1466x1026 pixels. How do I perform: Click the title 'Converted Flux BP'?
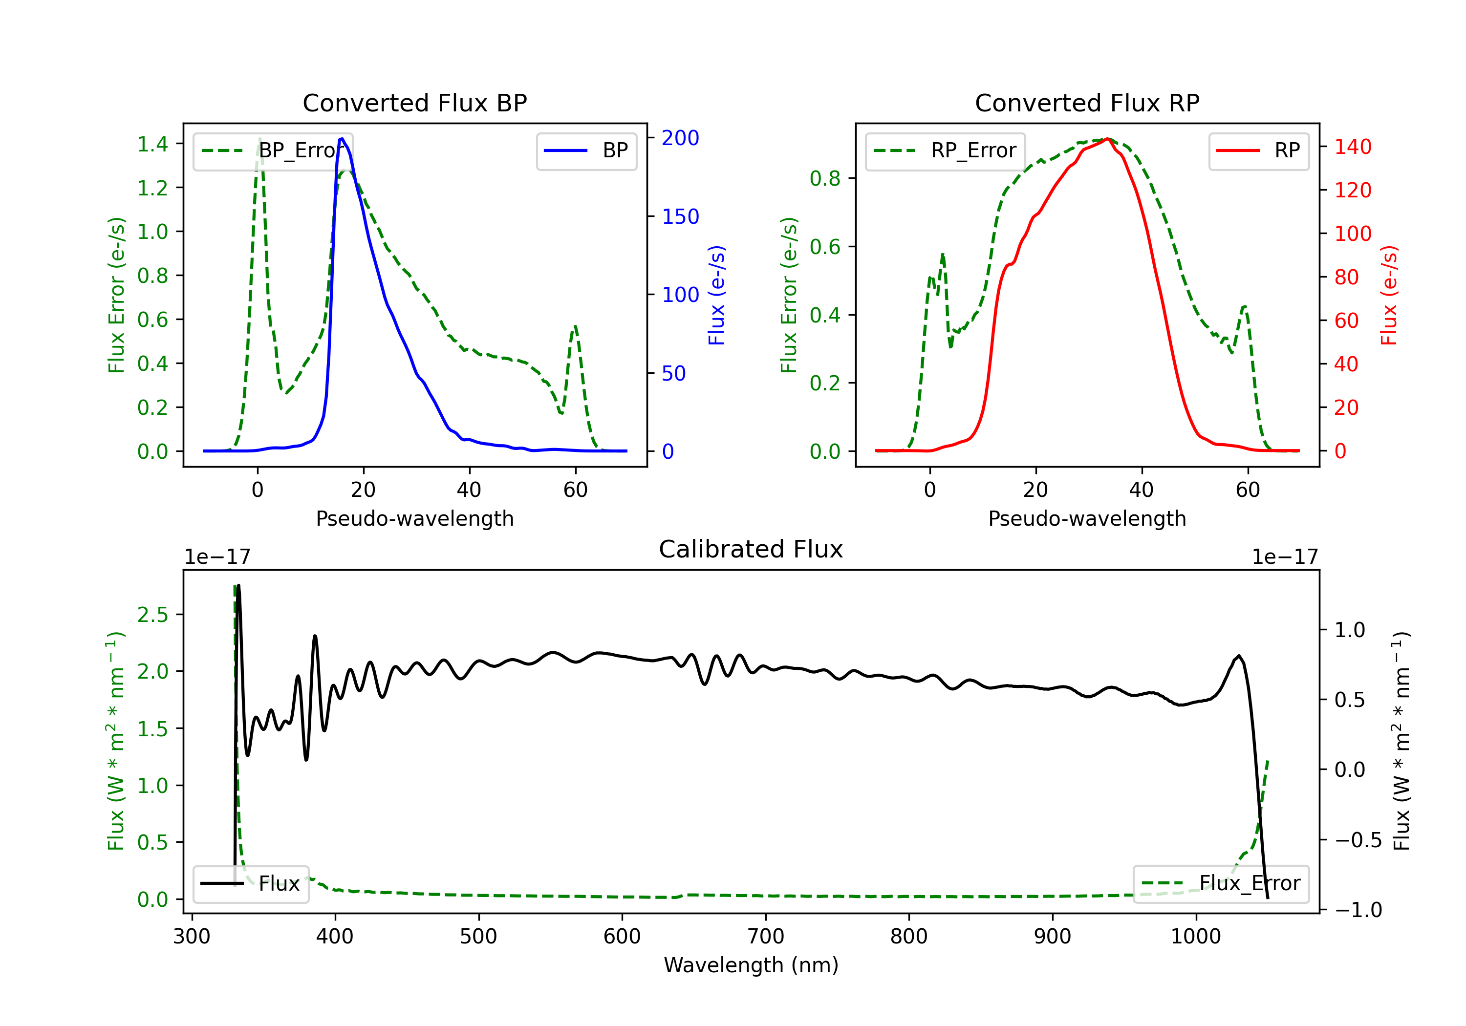coord(414,103)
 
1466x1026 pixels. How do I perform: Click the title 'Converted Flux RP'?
coord(1087,103)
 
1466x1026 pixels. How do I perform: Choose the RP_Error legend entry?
coord(946,150)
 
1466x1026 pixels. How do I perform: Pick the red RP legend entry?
coord(1258,150)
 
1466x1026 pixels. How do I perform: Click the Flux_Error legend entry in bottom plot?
coord(1221,884)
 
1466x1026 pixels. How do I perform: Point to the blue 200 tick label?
coord(680,138)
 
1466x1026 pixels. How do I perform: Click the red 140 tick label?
coord(1352,147)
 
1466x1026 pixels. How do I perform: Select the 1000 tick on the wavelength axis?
coord(1195,937)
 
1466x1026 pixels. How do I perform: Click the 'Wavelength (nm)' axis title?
coord(751,965)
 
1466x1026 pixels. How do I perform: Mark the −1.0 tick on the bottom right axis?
coord(1358,910)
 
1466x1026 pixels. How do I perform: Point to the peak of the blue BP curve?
coord(342,139)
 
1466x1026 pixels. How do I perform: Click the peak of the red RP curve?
coord(1108,139)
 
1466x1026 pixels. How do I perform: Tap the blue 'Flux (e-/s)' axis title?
coord(716,295)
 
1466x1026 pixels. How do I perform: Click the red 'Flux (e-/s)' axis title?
coord(1389,295)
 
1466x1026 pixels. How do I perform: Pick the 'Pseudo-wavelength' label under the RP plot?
coord(1087,518)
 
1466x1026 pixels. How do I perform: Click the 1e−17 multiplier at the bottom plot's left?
coord(217,557)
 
